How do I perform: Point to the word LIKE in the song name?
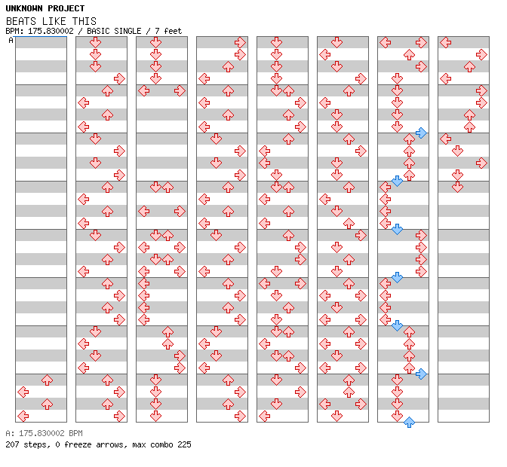tap(55, 21)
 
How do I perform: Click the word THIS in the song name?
tap(84, 21)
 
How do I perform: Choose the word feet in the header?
tap(173, 31)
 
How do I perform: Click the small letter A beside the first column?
tap(11, 41)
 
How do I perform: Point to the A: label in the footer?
tap(10, 434)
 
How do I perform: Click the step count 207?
tap(12, 444)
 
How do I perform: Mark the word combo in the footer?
tap(159, 444)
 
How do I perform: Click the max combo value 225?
tap(184, 444)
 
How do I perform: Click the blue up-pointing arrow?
tap(409, 422)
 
